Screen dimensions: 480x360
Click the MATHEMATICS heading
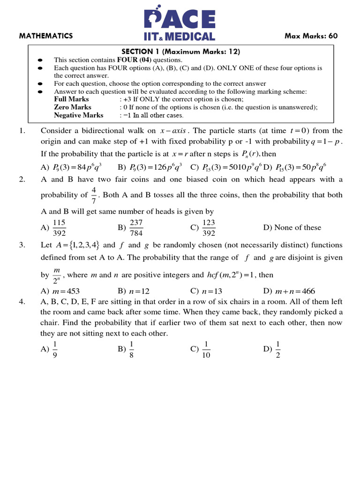[x=46, y=36]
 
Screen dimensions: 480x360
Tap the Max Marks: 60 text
[x=311, y=36]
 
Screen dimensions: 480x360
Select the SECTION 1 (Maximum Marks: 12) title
[x=181, y=52]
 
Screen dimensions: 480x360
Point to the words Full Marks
[x=71, y=99]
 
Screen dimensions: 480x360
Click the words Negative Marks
[x=78, y=115]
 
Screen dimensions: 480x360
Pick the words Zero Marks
[x=72, y=107]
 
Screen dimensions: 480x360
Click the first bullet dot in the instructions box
[x=40, y=60]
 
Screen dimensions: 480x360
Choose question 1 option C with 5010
[x=229, y=166]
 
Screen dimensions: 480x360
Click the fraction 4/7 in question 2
[x=94, y=195]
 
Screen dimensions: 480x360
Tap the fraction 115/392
[x=59, y=228]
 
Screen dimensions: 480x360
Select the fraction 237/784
[x=136, y=228]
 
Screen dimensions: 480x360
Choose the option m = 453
[x=65, y=291]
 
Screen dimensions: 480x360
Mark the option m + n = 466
[x=295, y=291]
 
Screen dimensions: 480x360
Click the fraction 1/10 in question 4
[x=206, y=350]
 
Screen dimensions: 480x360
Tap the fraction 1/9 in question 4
[x=55, y=350]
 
